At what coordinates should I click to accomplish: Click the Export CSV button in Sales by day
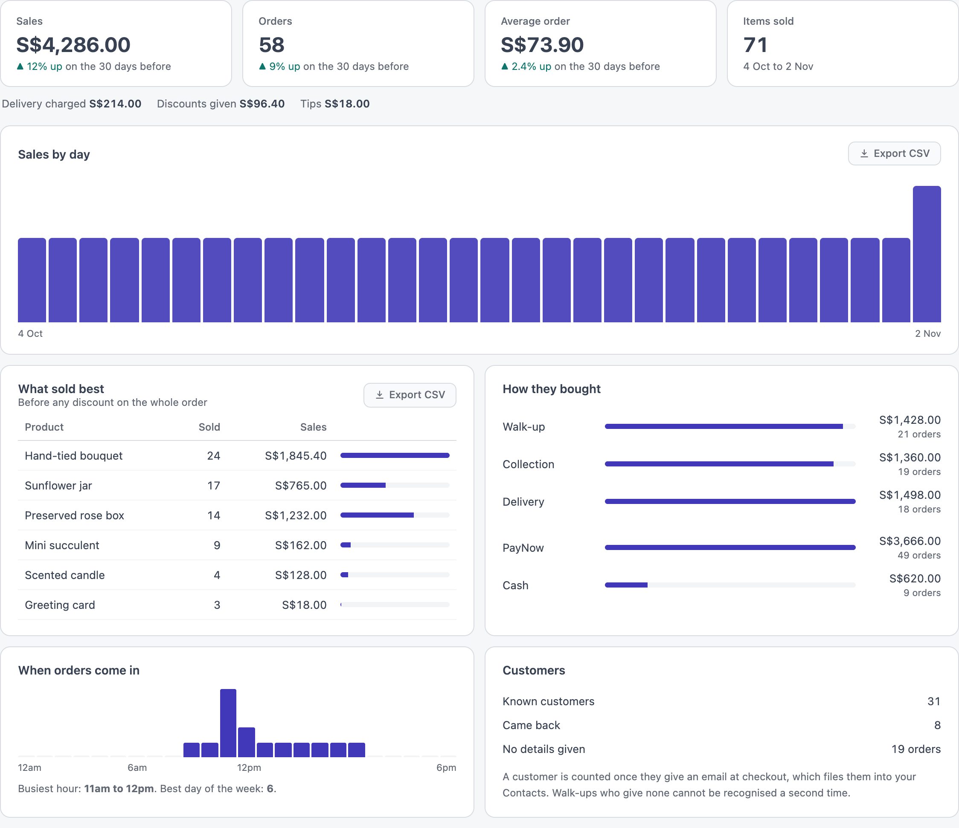pyautogui.click(x=894, y=153)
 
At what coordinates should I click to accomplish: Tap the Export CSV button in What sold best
pyautogui.click(x=410, y=395)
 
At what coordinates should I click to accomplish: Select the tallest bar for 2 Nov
pyautogui.click(x=927, y=254)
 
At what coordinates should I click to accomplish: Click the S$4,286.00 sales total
pyautogui.click(x=73, y=45)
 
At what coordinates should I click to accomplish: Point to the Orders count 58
pyautogui.click(x=272, y=45)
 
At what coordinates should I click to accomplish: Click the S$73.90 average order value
pyautogui.click(x=542, y=45)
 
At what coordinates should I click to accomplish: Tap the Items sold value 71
pyautogui.click(x=756, y=45)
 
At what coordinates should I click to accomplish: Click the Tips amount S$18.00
pyautogui.click(x=347, y=104)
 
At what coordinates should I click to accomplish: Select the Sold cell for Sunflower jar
pyautogui.click(x=213, y=486)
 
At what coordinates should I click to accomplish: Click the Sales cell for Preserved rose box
pyautogui.click(x=296, y=515)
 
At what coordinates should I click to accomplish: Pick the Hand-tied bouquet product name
pyautogui.click(x=74, y=456)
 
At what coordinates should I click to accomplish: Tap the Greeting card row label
pyautogui.click(x=60, y=605)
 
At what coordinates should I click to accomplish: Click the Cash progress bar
pyautogui.click(x=730, y=585)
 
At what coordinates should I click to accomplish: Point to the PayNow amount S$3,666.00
pyautogui.click(x=910, y=541)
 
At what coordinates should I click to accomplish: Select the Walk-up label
pyautogui.click(x=524, y=427)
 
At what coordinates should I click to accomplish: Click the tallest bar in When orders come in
pyautogui.click(x=228, y=723)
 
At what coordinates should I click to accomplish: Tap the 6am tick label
pyautogui.click(x=137, y=768)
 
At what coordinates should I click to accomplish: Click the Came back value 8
pyautogui.click(x=937, y=725)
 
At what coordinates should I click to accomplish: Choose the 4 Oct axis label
pyautogui.click(x=30, y=333)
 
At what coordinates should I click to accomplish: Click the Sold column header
pyautogui.click(x=209, y=427)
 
